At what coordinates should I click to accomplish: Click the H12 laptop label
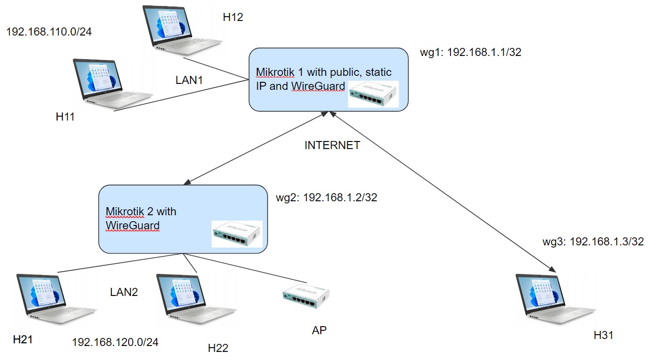click(x=233, y=17)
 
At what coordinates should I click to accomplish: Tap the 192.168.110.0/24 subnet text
click(x=49, y=32)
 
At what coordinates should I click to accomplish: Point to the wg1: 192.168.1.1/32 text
click(x=470, y=52)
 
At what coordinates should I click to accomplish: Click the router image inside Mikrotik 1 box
click(x=373, y=94)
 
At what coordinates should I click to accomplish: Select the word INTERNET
click(x=332, y=145)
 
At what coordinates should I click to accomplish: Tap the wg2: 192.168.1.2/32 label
click(x=326, y=197)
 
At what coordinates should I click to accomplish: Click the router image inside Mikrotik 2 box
click(x=237, y=234)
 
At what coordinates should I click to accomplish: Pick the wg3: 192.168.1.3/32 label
click(x=593, y=241)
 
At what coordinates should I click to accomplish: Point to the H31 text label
click(x=603, y=335)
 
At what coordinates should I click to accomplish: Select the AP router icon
click(x=306, y=294)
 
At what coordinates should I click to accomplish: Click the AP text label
click(x=319, y=330)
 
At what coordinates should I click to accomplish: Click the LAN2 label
click(x=124, y=292)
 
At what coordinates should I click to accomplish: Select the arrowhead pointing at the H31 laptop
click(x=552, y=268)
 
